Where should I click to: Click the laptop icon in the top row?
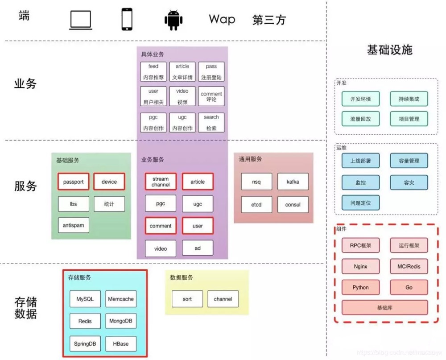(81, 21)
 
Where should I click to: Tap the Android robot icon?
(173, 20)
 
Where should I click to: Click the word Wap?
(222, 20)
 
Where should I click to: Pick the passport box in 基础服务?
(73, 182)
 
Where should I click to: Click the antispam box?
(73, 225)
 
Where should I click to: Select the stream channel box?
(161, 182)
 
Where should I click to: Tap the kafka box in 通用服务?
(293, 182)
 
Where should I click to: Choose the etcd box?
(256, 205)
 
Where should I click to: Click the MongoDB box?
(121, 321)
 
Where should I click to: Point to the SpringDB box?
(85, 343)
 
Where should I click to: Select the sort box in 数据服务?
(187, 299)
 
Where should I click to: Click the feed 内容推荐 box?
(153, 71)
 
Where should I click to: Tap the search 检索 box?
(211, 123)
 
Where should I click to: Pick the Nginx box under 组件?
(360, 266)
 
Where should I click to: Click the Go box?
(409, 287)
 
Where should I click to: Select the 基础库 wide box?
(384, 308)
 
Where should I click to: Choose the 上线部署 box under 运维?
(360, 161)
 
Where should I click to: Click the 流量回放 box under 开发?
(360, 119)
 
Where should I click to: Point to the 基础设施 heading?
(389, 50)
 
